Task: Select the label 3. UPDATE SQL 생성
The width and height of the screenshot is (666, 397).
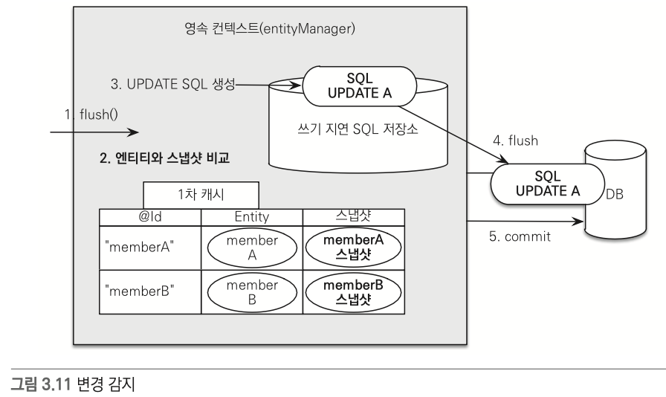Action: click(x=172, y=85)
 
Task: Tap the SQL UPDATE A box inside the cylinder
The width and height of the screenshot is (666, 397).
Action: click(x=357, y=87)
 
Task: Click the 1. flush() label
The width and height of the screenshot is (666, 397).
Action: click(x=91, y=114)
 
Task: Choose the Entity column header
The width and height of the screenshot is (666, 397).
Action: click(x=251, y=216)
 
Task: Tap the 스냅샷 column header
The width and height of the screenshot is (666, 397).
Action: click(x=353, y=216)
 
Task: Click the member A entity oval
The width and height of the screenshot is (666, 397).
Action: click(x=252, y=248)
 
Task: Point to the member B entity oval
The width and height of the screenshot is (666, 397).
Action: click(x=252, y=291)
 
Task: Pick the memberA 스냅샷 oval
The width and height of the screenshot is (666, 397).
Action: click(x=353, y=248)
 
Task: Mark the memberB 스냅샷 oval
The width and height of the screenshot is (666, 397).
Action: click(x=353, y=291)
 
